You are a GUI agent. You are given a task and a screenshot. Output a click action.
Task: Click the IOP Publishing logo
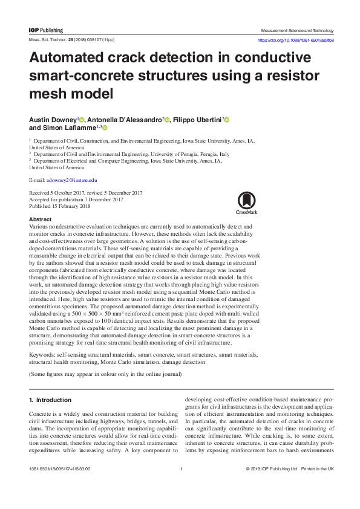tap(46, 30)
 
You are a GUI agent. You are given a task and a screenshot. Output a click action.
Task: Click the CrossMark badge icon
tap(246, 202)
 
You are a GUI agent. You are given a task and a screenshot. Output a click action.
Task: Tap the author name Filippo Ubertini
tap(197, 120)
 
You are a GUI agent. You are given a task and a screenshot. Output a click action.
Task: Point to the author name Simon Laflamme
tap(64, 128)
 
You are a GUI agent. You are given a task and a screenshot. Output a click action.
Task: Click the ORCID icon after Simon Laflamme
tap(105, 128)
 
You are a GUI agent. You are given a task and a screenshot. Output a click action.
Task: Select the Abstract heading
tap(40, 219)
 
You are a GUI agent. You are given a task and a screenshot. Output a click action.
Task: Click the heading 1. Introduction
tap(50, 400)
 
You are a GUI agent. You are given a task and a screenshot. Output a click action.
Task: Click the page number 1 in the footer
tap(181, 469)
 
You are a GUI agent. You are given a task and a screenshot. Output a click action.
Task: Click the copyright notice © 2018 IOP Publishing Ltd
tap(272, 469)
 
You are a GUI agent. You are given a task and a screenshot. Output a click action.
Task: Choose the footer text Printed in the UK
tap(318, 469)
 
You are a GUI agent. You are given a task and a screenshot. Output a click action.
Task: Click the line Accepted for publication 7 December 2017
tap(76, 199)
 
